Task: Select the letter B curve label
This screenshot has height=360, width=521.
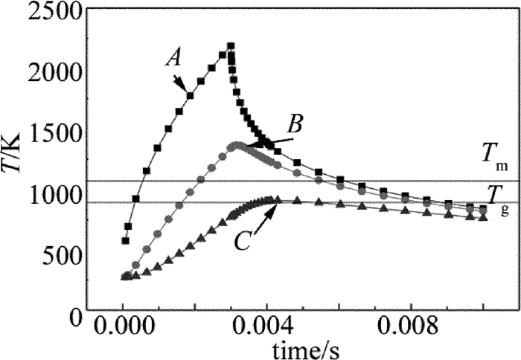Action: (x=295, y=124)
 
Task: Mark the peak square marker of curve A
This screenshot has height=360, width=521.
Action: (x=230, y=47)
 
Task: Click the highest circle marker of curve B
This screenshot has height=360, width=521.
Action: (x=237, y=146)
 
